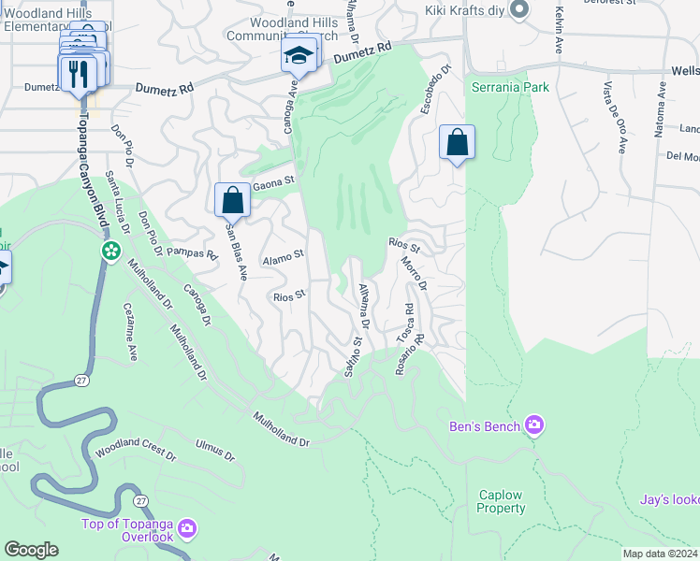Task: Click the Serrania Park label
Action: pos(510,86)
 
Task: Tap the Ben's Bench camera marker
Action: pos(534,426)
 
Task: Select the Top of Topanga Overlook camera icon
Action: pos(187,530)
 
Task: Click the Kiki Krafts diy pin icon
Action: pos(522,9)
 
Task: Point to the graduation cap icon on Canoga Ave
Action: pos(299,57)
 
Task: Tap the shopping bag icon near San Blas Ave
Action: pos(232,200)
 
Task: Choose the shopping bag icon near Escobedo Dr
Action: pos(457,143)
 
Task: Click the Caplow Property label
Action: pos(501,501)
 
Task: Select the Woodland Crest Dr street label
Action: pos(136,448)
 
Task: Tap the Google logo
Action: pos(31,550)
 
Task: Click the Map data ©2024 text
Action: pos(659,554)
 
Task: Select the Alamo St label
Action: pos(284,254)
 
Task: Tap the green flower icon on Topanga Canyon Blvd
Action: pos(111,252)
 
